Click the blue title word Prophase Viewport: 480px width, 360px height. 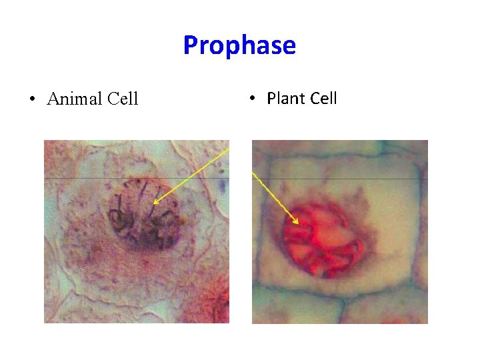(239, 45)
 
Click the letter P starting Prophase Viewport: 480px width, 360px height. (190, 45)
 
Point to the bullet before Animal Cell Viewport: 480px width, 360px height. (31, 100)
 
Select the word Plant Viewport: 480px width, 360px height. (285, 99)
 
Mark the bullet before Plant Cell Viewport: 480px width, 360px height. (253, 99)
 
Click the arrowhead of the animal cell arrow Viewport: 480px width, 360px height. (153, 202)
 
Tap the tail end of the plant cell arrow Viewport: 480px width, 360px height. (253, 173)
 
